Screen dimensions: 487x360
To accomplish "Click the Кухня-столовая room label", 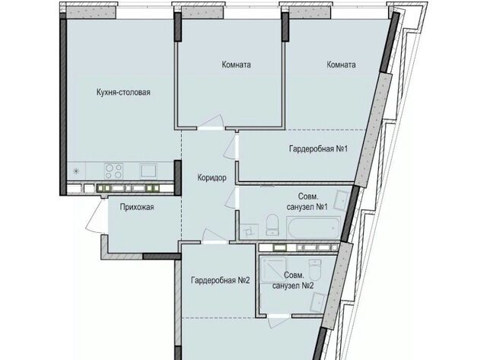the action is [123, 92].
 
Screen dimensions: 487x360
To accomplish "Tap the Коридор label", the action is [212, 177].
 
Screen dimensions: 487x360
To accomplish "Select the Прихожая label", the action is [137, 207].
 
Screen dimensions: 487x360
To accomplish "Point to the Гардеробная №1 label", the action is [318, 148].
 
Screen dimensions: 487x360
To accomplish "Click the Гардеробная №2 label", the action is [220, 281].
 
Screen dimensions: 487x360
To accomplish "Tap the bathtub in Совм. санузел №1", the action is [314, 228].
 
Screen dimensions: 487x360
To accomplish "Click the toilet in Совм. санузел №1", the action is [272, 225].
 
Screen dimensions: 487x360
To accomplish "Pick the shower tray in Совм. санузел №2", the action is [273, 269].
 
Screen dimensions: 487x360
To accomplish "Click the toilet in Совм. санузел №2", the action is [317, 270].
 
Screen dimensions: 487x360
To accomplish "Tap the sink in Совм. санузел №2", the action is [317, 302].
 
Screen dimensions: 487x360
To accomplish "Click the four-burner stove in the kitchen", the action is [113, 171].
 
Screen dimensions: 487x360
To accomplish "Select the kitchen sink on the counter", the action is [148, 171].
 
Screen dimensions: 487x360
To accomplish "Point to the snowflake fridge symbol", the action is [76, 171].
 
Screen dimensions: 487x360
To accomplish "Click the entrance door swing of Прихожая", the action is [97, 215].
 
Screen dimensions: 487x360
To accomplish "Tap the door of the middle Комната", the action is [212, 123].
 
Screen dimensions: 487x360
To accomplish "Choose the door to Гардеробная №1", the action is [231, 148].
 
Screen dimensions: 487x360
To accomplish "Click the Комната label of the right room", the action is [341, 65].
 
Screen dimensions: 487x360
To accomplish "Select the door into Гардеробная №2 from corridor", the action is [215, 237].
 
